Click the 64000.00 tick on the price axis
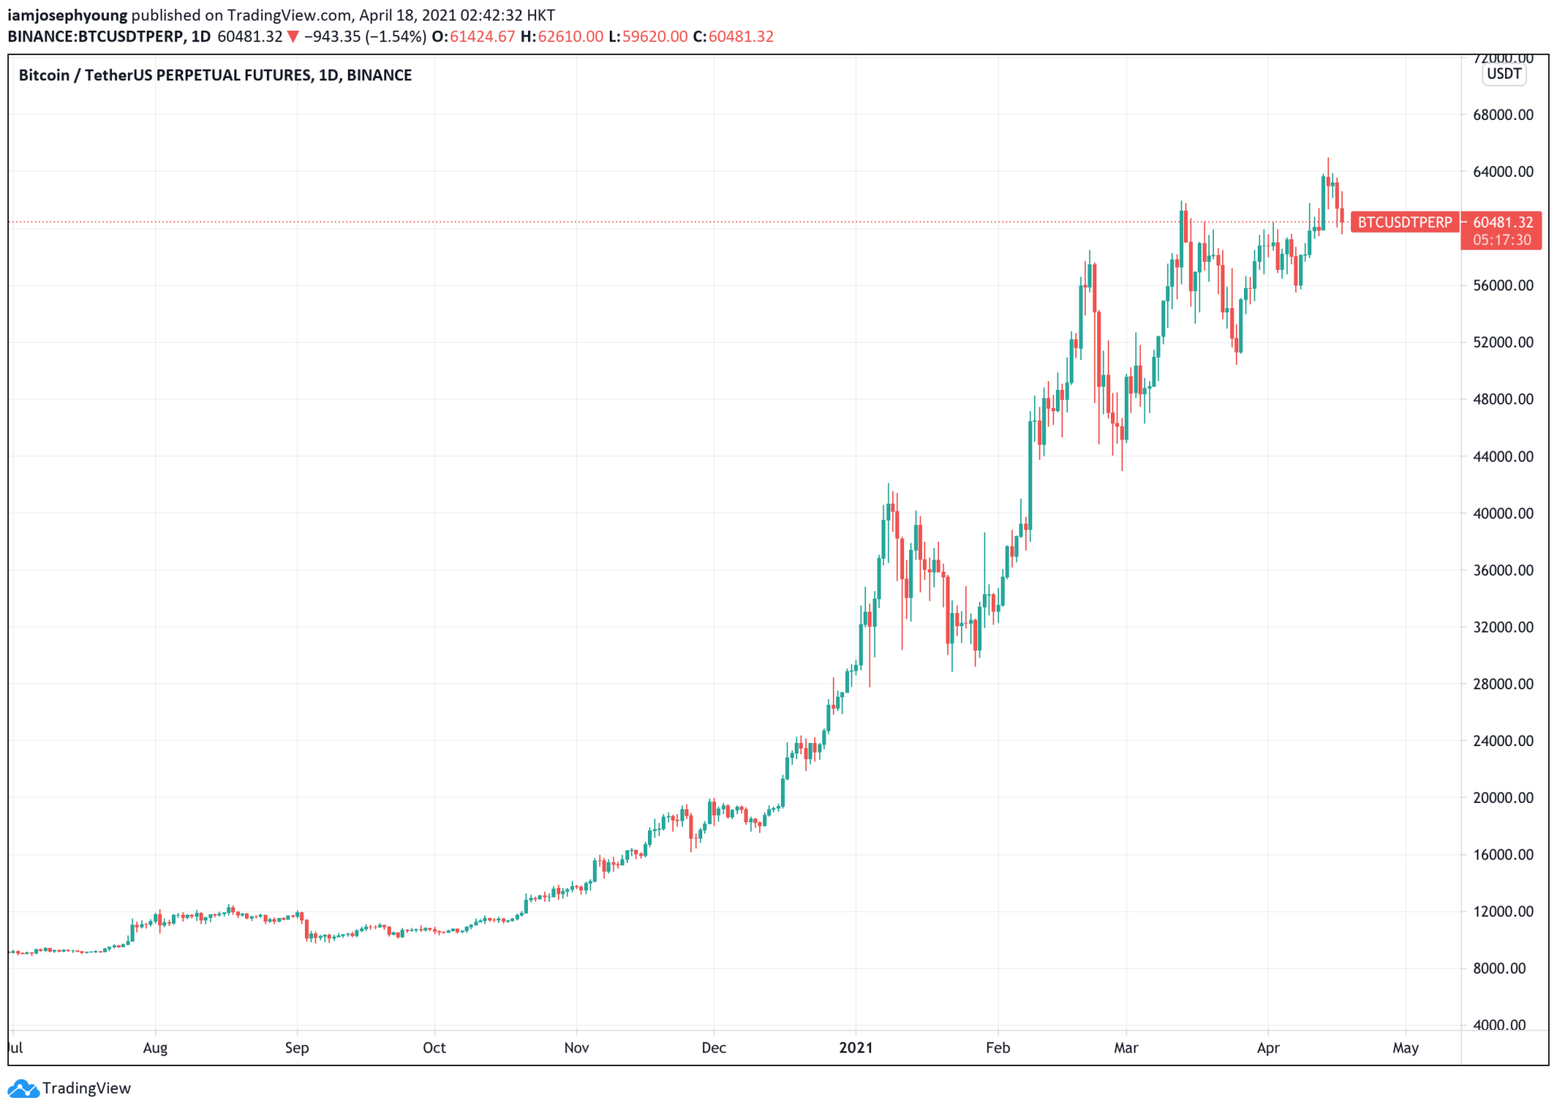tap(1503, 172)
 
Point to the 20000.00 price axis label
tap(1503, 798)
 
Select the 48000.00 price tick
tap(1503, 399)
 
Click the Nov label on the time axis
tap(576, 1048)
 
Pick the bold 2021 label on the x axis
tap(856, 1048)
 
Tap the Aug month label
tap(155, 1048)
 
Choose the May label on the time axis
tap(1405, 1048)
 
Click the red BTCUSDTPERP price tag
tap(1405, 222)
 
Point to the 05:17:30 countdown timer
tap(1502, 240)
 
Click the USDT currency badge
tap(1503, 74)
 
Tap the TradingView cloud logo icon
tap(23, 1088)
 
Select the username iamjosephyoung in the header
tap(67, 15)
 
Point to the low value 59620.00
tap(654, 36)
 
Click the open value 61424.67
tap(482, 36)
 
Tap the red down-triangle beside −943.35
tap(294, 36)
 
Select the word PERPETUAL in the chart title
tap(204, 75)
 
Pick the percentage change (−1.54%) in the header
tap(396, 36)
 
